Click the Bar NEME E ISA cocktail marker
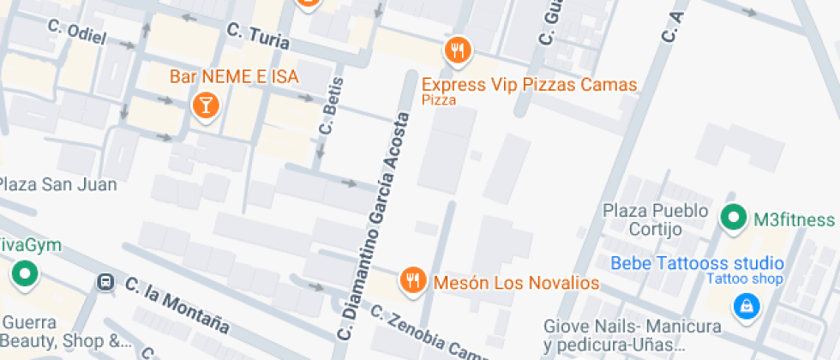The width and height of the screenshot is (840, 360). (206, 105)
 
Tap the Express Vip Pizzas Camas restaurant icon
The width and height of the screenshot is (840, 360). (459, 51)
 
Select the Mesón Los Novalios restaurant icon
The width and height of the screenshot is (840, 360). (413, 279)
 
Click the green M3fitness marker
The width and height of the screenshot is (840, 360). (733, 219)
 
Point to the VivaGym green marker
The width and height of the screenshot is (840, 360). (24, 274)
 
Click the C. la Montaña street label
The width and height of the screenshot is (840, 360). (177, 304)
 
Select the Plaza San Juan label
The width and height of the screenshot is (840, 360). (58, 184)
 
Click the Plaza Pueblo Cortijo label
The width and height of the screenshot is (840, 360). (656, 219)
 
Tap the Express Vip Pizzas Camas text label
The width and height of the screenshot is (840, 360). (530, 85)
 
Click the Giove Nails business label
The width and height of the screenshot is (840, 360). (632, 335)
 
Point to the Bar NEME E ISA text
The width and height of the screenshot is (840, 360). (234, 77)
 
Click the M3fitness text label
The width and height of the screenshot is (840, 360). (794, 219)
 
